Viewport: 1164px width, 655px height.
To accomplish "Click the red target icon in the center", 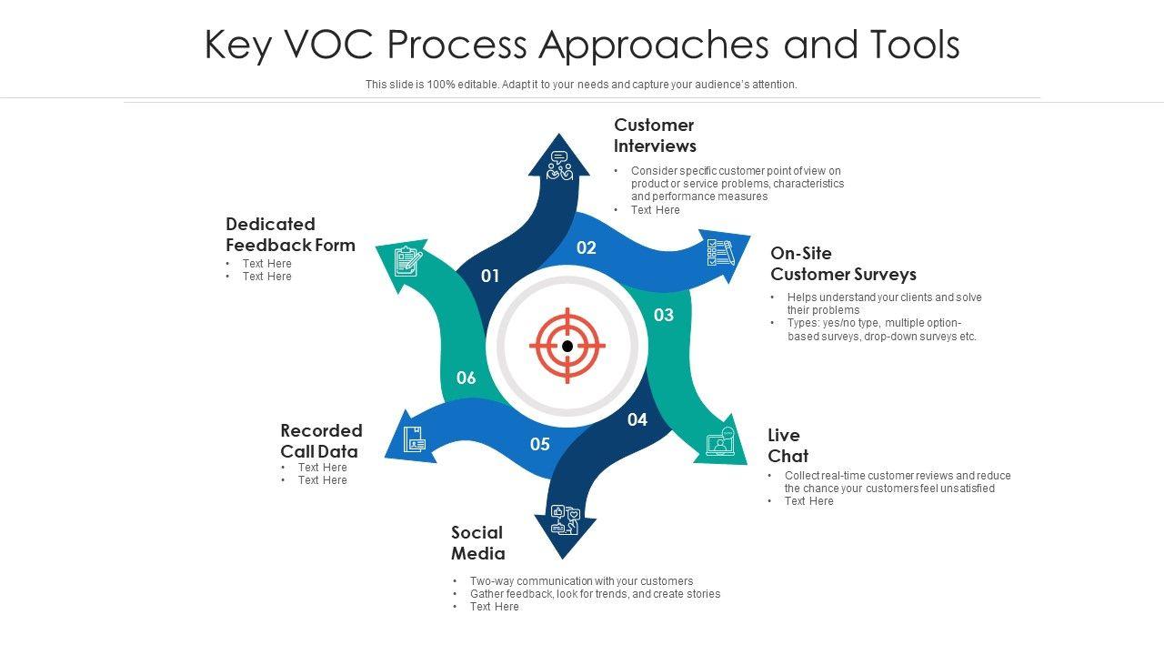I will [x=567, y=346].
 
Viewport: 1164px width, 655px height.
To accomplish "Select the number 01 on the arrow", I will [x=490, y=276].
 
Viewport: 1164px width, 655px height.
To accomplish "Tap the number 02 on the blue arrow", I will [x=587, y=247].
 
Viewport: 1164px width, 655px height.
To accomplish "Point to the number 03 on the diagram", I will [x=664, y=315].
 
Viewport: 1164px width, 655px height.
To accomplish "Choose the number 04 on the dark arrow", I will [x=637, y=419].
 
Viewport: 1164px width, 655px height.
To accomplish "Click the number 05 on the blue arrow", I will [x=540, y=444].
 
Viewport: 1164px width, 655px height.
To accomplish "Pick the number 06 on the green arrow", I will [x=466, y=378].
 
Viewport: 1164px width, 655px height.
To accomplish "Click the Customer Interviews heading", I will [x=655, y=136].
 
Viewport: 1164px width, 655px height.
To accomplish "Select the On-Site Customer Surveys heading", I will [x=843, y=264].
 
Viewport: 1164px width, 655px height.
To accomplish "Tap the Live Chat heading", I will [x=788, y=446].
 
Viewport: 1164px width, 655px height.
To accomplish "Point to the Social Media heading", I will [x=478, y=543].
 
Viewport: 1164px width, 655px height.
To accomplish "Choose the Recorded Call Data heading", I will [x=321, y=441].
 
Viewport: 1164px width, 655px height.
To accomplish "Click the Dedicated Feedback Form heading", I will [x=290, y=235].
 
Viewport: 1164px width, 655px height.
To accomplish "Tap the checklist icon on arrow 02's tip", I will [x=719, y=252].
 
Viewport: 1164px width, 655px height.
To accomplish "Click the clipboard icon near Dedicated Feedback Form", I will [x=407, y=262].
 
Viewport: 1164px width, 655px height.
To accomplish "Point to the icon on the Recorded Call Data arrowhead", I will [x=415, y=438].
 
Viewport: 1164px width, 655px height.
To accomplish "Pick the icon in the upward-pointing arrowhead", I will [x=560, y=166].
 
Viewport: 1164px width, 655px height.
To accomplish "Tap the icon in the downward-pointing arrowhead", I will [x=564, y=519].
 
